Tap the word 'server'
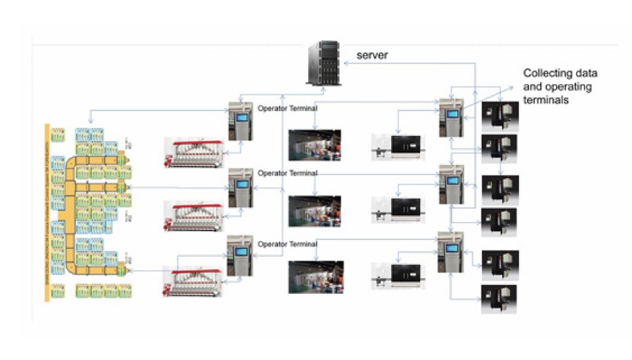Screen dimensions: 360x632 372,55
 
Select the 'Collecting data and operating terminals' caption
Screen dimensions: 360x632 560,86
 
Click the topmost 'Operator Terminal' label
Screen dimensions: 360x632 287,108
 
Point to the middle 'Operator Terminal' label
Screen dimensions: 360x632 287,173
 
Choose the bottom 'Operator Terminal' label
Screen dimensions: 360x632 287,244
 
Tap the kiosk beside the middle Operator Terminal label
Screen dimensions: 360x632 240,188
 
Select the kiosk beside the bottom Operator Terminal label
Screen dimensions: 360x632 239,255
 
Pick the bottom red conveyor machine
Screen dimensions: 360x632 193,282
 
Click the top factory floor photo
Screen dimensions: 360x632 315,145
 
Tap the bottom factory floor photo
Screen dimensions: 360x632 316,277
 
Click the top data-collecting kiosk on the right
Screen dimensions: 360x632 451,118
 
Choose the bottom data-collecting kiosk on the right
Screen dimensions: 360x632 450,252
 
